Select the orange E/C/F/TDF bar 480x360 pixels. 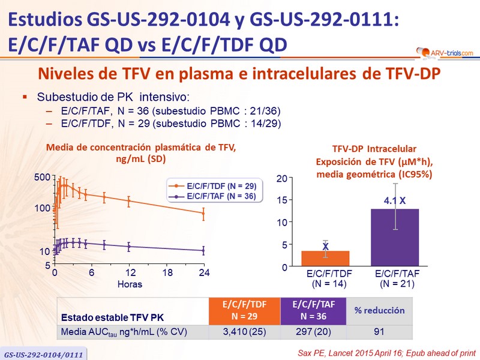(325, 259)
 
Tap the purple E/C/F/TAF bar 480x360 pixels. (394, 238)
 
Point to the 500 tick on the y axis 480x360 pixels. (43, 178)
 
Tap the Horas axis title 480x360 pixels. (130, 284)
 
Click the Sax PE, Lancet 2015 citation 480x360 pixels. (389, 350)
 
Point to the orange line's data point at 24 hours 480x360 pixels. (203, 213)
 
